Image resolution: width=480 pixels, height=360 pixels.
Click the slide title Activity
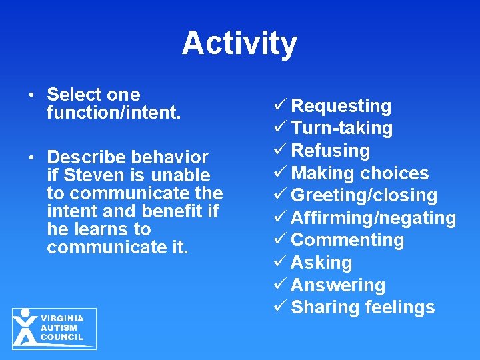pos(239,43)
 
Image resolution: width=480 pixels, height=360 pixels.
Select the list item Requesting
pos(341,106)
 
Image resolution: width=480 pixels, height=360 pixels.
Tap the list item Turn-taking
pos(341,128)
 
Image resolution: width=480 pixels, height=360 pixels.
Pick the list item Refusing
pos(330,151)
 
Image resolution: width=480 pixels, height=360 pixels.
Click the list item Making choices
pos(360,173)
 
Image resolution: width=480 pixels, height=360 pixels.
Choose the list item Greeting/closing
pos(364,196)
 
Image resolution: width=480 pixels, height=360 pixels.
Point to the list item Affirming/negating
pos(373,218)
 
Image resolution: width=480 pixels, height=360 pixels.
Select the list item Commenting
pos(347,240)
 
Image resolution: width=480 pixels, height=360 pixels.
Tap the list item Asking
pos(321,263)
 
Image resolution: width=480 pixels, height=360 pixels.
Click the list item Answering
pos(338,285)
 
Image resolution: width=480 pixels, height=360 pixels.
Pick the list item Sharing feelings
pos(363,307)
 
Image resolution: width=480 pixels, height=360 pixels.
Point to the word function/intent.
pos(113,113)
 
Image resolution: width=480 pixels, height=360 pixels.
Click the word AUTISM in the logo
pos(59,328)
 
